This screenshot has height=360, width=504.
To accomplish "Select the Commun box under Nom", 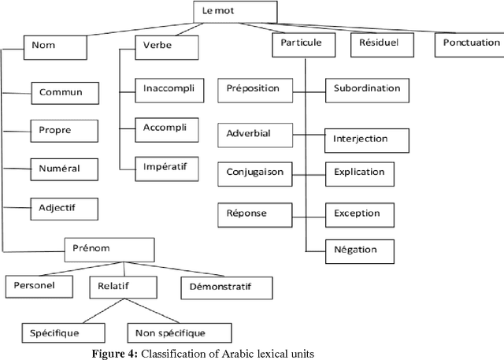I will pos(68,93).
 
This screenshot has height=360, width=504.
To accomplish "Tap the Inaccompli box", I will pos(168,87).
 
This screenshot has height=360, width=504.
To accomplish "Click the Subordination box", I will pos(367,90).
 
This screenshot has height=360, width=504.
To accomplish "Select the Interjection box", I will pos(367,139).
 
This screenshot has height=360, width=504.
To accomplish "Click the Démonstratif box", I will pos(226,288).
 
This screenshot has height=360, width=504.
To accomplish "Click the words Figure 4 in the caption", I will pos(115,354).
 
